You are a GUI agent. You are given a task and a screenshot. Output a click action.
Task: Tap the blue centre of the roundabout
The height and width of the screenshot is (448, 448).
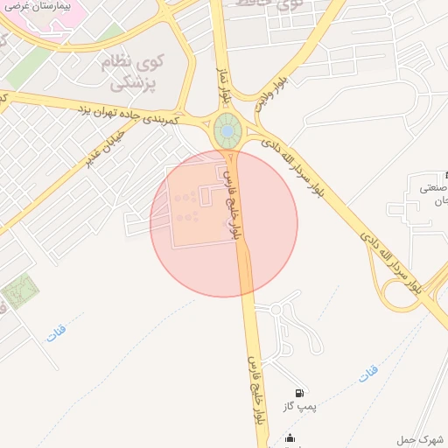(227, 132)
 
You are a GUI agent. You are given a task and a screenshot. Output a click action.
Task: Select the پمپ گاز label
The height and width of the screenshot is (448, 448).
(299, 407)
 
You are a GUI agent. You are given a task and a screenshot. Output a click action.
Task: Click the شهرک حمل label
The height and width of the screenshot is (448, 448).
(423, 439)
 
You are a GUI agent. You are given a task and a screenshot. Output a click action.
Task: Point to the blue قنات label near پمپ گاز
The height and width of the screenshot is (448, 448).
(368, 374)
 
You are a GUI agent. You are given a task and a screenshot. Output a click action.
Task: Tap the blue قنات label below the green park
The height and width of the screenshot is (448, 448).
(55, 334)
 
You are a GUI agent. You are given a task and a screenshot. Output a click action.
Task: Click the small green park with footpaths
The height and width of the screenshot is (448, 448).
(19, 291)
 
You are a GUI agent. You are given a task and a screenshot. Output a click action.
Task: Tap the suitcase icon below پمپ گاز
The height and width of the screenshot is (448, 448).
(290, 438)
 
